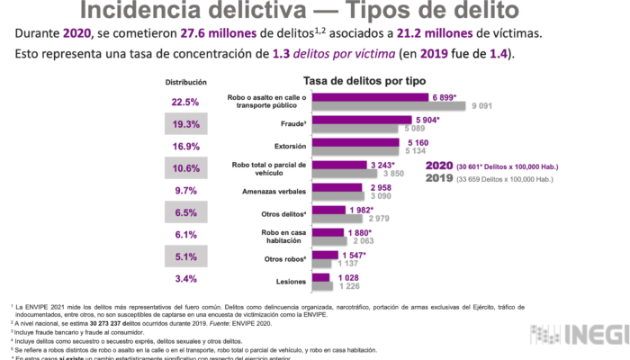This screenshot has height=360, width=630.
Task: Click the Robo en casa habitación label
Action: pos(280,237)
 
